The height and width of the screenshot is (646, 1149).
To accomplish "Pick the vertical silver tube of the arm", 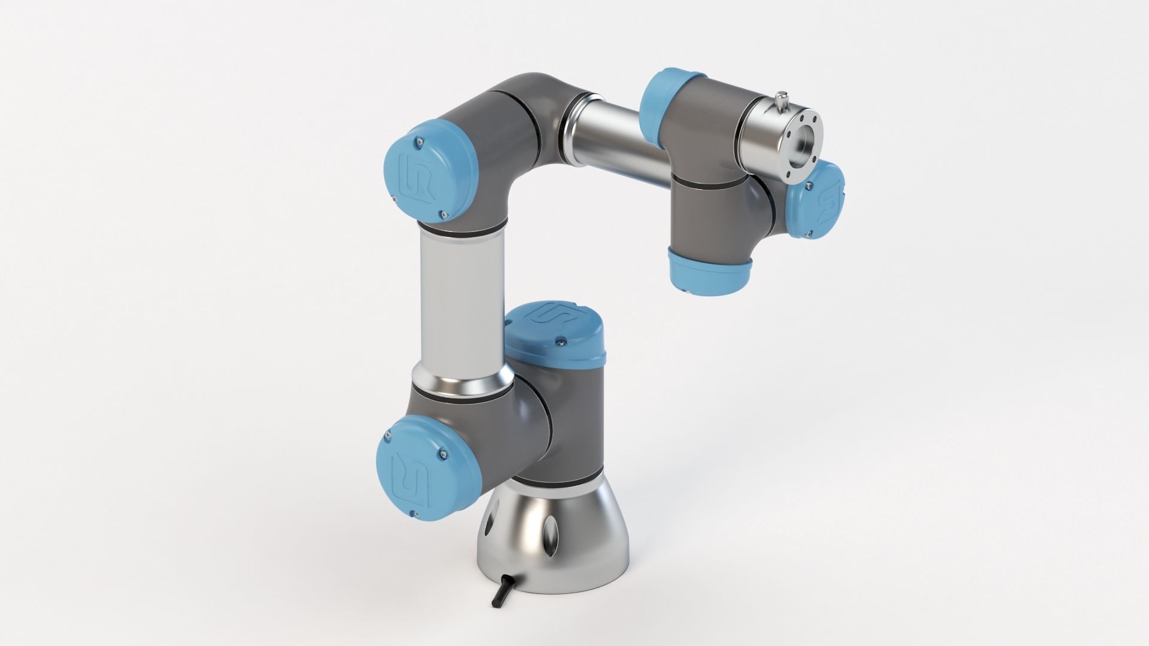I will pyautogui.click(x=461, y=299).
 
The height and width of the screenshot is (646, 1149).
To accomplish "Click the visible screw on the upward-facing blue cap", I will pyautogui.click(x=561, y=341).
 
